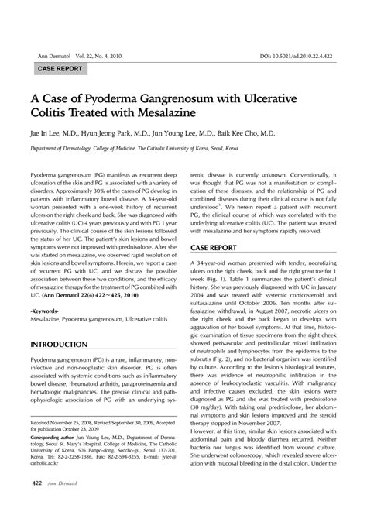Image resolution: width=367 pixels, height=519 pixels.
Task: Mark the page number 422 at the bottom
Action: coord(36,504)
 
